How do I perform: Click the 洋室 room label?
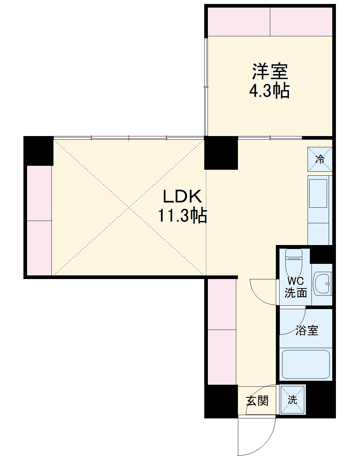270,72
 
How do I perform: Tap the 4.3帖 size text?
269,91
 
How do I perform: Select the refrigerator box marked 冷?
320,159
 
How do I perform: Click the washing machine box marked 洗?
293,400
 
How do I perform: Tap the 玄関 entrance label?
257,401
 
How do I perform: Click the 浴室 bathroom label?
307,330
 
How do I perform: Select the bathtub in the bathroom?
306,365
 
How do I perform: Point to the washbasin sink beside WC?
322,284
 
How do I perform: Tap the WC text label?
295,281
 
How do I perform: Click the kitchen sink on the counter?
318,194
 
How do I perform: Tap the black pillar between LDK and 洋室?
221,153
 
